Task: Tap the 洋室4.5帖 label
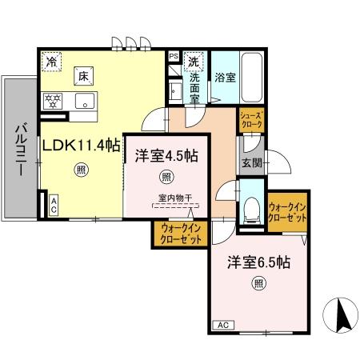click(166, 155)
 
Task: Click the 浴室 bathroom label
click(225, 78)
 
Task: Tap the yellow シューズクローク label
click(250, 121)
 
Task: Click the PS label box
click(174, 57)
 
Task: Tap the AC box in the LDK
click(53, 203)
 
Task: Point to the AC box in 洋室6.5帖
click(223, 326)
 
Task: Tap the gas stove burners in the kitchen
click(54, 101)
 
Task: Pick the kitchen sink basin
click(85, 102)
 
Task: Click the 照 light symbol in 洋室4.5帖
click(166, 177)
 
